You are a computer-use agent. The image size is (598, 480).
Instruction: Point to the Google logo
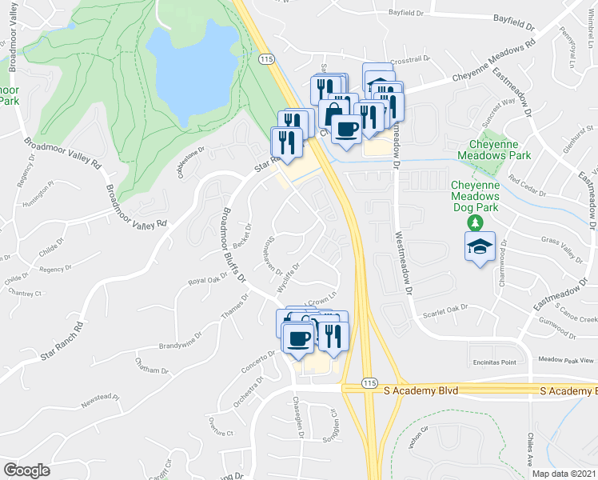click(x=26, y=470)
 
